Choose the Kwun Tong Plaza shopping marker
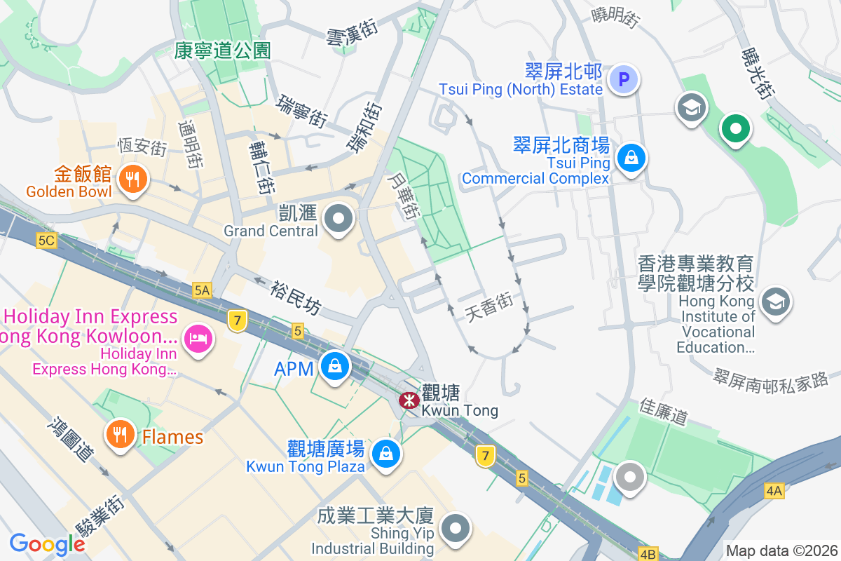tap(385, 452)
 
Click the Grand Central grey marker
tap(340, 219)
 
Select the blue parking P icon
tap(624, 79)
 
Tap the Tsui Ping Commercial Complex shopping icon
tap(631, 159)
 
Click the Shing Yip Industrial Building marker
tap(456, 527)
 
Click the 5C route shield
tap(46, 241)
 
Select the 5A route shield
tap(203, 289)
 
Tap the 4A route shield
tap(774, 491)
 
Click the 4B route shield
tap(648, 553)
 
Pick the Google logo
tap(47, 543)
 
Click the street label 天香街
tap(489, 307)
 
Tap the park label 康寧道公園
tap(222, 50)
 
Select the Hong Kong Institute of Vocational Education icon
tap(776, 302)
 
